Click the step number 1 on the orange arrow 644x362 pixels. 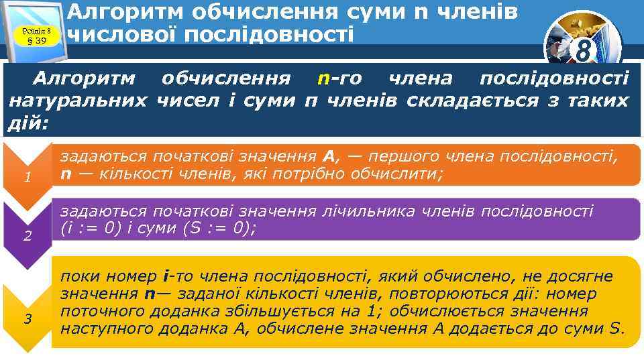click(28, 178)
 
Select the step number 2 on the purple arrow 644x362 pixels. click(28, 236)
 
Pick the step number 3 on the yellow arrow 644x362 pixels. click(28, 318)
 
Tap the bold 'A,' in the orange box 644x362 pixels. click(331, 157)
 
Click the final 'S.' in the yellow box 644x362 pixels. click(616, 328)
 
